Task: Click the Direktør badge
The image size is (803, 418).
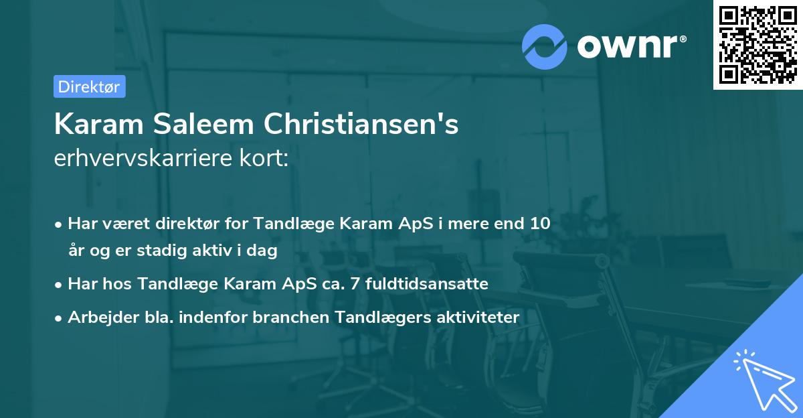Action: (x=89, y=86)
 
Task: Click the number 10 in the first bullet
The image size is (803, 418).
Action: (x=541, y=224)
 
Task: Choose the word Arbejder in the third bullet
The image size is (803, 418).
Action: (x=98, y=317)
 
